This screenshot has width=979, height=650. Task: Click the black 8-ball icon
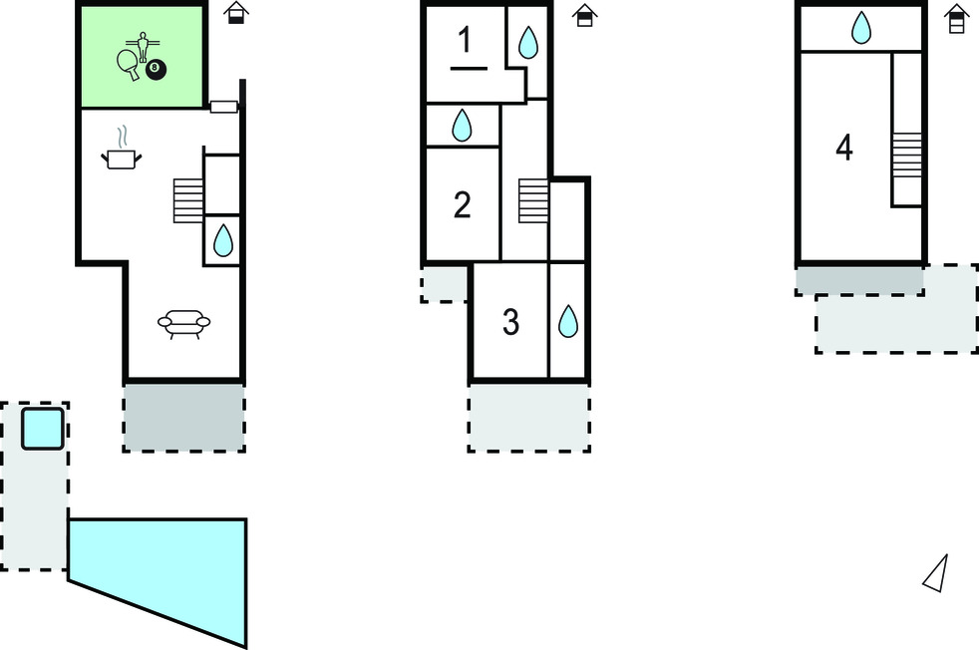[x=155, y=70]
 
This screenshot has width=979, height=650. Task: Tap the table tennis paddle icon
[x=128, y=64]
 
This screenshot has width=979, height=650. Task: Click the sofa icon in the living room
[x=184, y=323]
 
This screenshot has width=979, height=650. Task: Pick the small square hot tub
[x=43, y=429]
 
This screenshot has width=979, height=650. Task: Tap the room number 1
[x=466, y=41]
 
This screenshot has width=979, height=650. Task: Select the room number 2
[x=462, y=205]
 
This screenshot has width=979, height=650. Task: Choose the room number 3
[x=510, y=323]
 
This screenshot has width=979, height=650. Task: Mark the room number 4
[x=844, y=149]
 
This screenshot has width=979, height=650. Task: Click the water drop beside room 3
[x=567, y=321]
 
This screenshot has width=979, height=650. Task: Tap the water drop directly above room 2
[x=462, y=126]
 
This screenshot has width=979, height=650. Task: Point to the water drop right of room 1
[x=527, y=42]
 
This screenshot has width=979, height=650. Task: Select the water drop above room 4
[x=860, y=28]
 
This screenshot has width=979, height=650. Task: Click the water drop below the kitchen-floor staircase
[x=222, y=240]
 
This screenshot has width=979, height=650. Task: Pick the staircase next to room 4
[x=906, y=156]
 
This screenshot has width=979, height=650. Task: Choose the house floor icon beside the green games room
[x=235, y=13]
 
